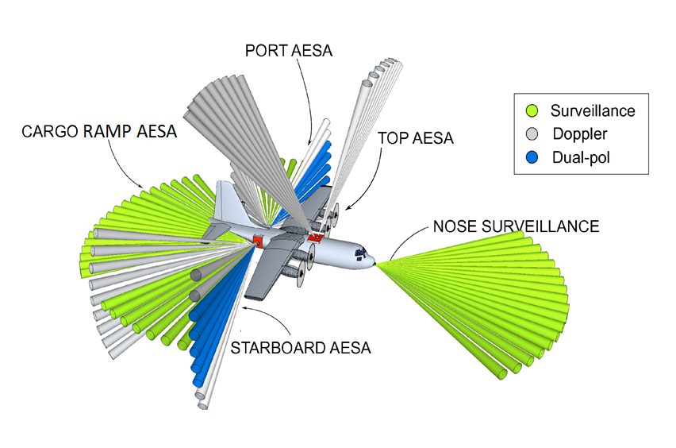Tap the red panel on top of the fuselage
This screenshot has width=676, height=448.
(x=316, y=236)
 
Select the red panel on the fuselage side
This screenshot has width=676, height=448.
(x=259, y=240)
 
